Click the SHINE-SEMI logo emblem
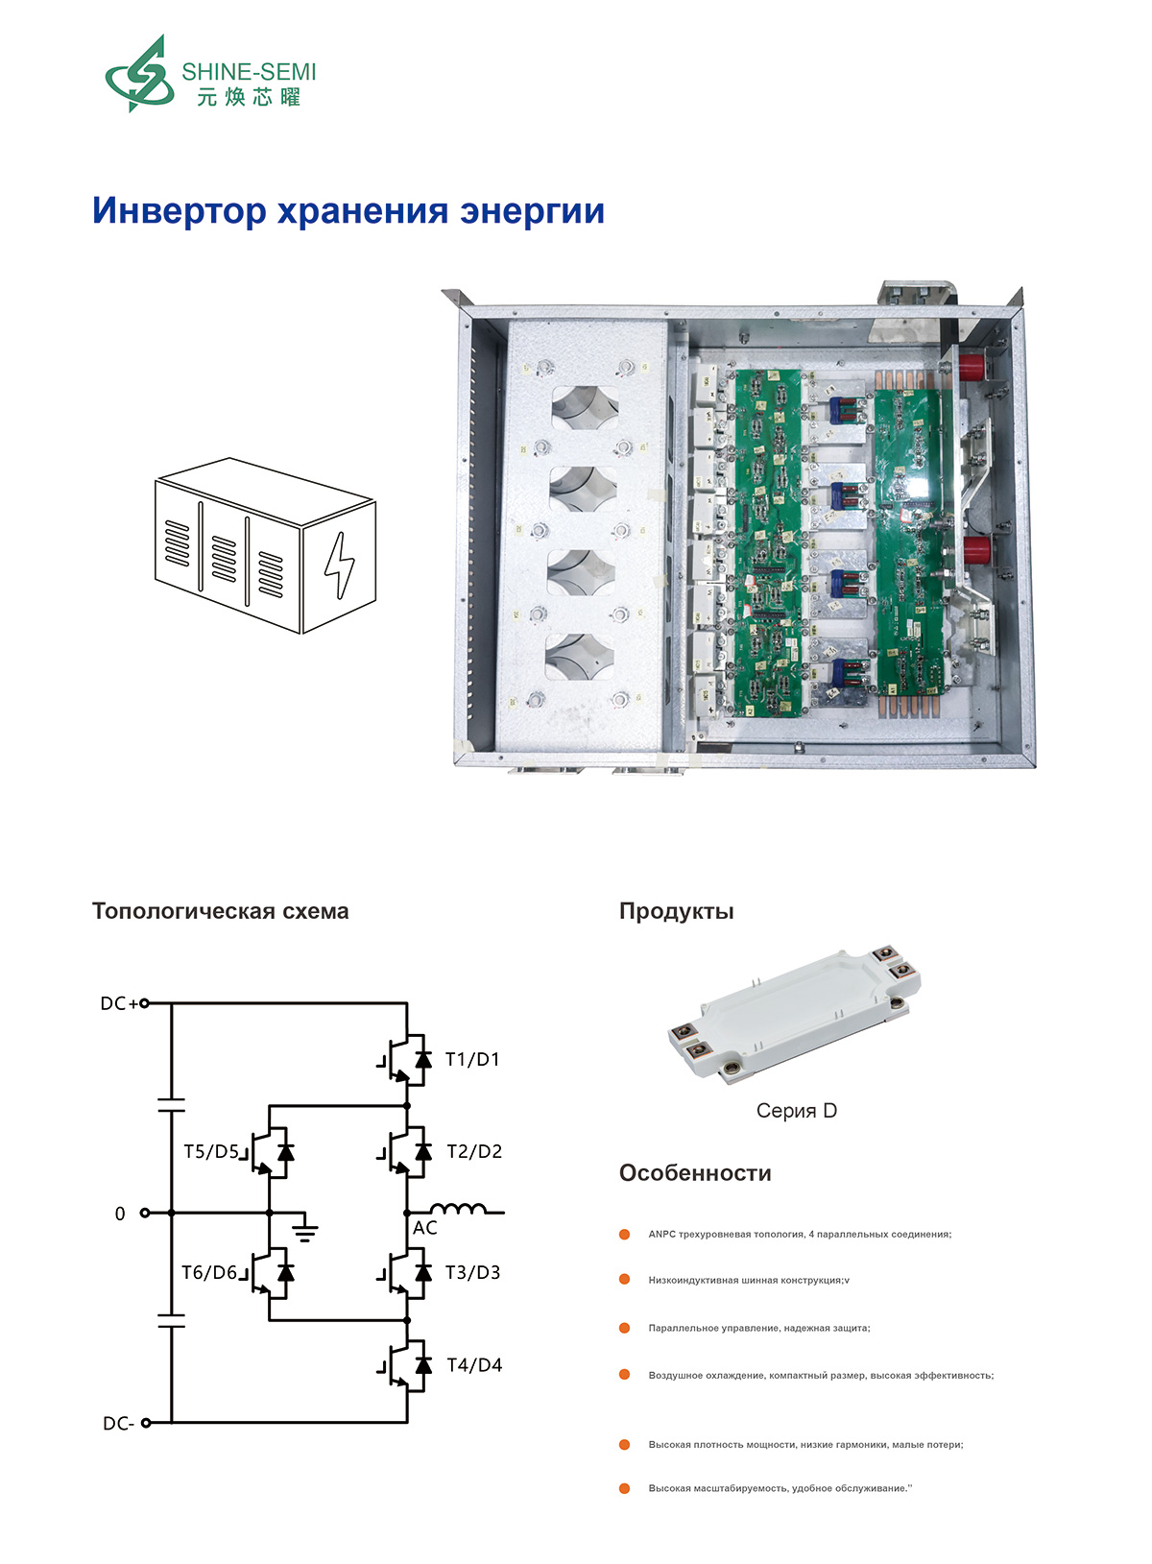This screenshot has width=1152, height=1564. pos(139,75)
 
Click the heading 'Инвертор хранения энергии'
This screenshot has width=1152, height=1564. pos(348,210)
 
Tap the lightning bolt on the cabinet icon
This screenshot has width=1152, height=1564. pos(338,565)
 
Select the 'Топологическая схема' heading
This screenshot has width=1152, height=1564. pos(220,911)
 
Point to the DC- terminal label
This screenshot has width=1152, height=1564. pos(118,1424)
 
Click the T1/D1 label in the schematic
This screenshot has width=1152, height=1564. pos(472,1060)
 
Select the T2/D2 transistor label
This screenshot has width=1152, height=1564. pos(474,1152)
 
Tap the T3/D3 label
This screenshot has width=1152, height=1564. pos(473,1273)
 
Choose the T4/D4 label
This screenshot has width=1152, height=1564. pos(474,1365)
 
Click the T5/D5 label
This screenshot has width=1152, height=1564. pos(211,1152)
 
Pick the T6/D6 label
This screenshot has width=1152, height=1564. pos(209,1273)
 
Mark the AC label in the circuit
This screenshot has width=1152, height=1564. pos(425,1228)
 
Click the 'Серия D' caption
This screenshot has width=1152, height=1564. pos(796,1111)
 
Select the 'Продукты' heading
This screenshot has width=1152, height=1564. pos(676,911)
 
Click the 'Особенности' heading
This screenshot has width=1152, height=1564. pos(695,1173)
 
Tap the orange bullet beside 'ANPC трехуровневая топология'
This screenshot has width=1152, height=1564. pos(625,1234)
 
